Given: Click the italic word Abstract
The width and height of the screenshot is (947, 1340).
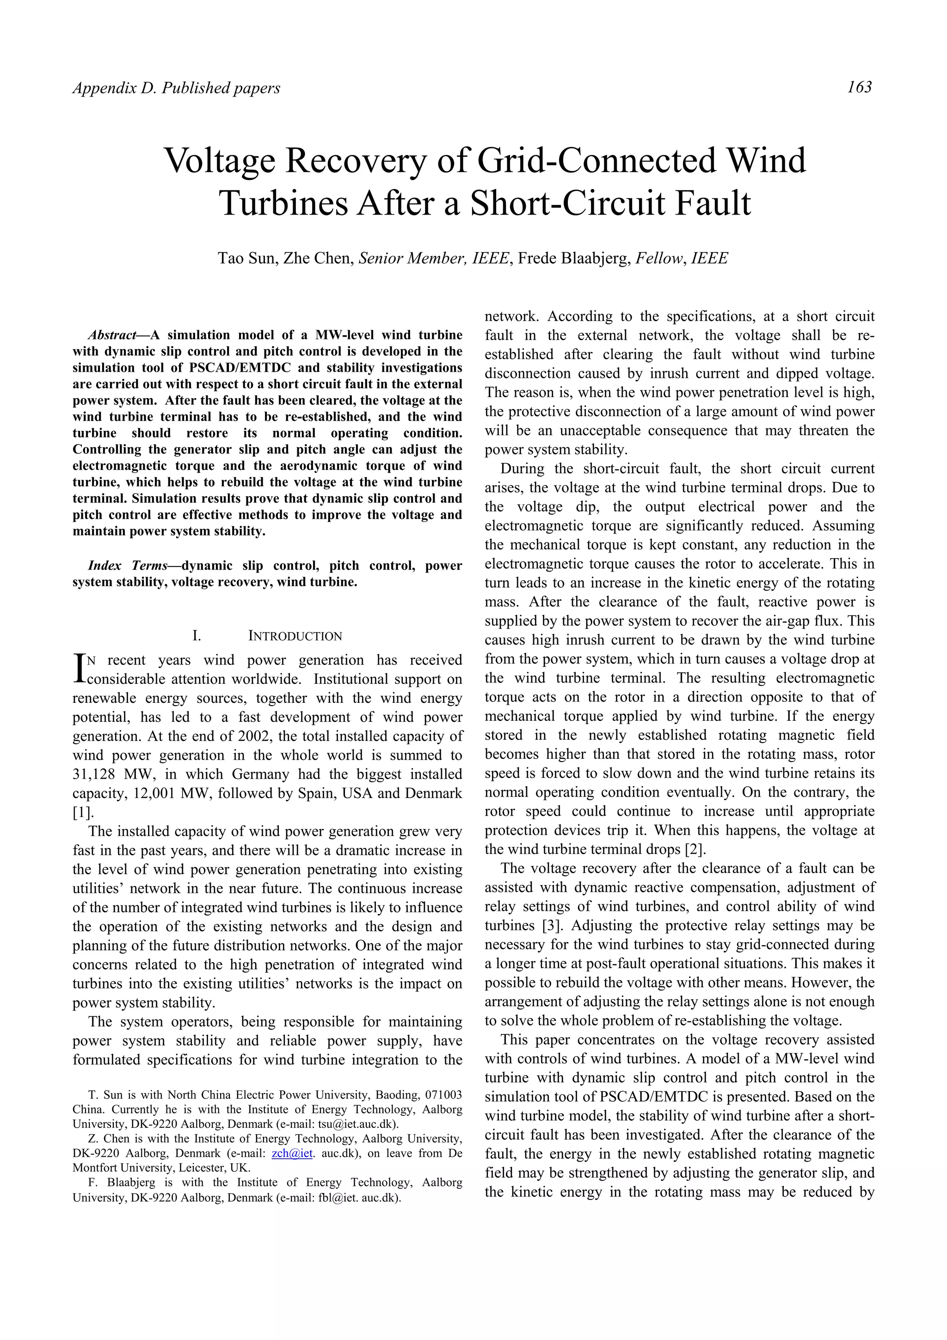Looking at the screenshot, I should [x=111, y=335].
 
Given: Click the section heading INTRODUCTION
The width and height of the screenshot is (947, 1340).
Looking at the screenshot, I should [x=295, y=636].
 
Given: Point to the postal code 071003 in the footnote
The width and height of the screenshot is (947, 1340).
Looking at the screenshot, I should [x=443, y=1094].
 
